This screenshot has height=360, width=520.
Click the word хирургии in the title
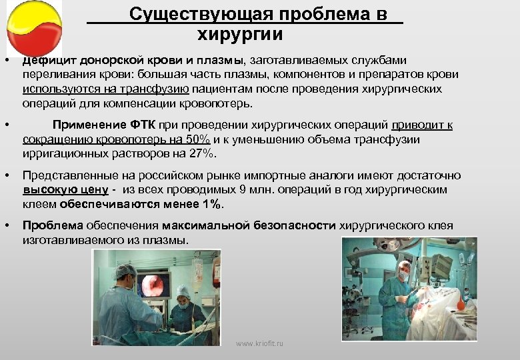coord(240,35)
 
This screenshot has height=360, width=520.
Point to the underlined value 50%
coord(199,139)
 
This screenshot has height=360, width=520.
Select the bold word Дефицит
coord(47,60)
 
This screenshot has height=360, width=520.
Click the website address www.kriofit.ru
coord(260,343)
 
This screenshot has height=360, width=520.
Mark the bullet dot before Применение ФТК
coord(6,125)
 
